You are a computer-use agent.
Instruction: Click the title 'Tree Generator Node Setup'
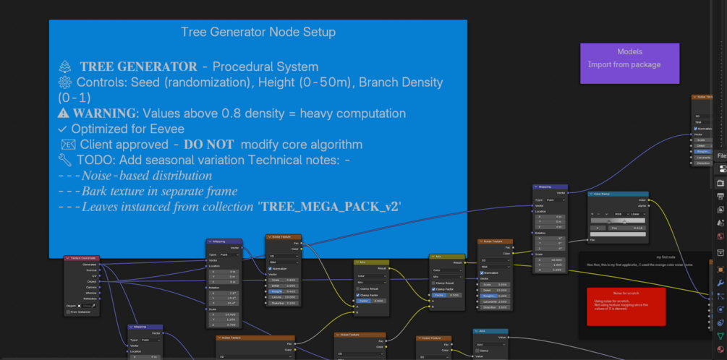pos(258,33)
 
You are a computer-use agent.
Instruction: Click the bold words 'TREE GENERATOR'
pos(138,67)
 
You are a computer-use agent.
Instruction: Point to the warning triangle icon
pos(64,113)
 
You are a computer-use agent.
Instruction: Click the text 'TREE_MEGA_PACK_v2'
pos(331,207)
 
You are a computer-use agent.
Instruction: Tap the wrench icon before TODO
pos(64,160)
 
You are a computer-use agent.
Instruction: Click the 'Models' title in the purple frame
pos(629,52)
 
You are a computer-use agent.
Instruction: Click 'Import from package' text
pos(624,65)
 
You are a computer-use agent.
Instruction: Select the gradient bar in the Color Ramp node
pos(618,220)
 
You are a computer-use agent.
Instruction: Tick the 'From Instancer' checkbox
pos(66,312)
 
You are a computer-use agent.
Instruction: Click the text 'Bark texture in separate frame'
pos(159,192)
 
